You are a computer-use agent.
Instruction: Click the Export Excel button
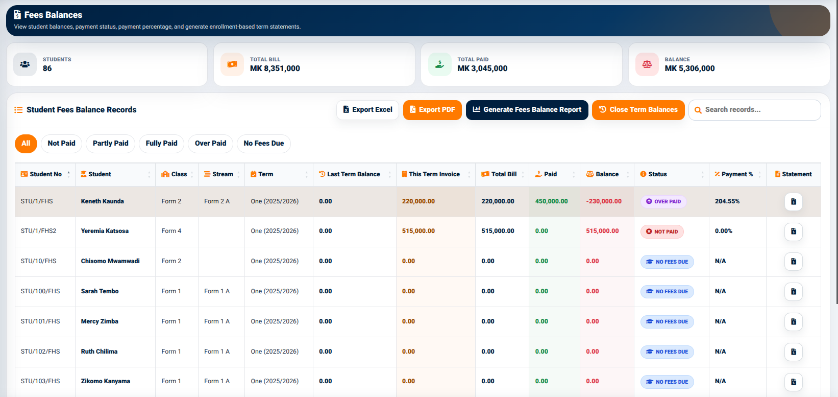(367, 110)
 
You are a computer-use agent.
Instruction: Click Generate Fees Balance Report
(527, 110)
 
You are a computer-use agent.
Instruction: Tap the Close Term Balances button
(638, 110)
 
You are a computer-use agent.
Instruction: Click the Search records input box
(755, 110)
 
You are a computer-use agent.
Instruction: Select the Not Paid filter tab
(61, 144)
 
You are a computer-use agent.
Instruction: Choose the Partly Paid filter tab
(110, 144)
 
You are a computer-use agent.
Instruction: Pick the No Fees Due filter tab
(264, 144)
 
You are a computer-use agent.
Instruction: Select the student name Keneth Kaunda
(103, 201)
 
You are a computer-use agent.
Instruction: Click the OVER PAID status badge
(663, 201)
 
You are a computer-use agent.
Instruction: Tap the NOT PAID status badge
(662, 231)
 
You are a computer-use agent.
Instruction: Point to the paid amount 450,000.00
(551, 201)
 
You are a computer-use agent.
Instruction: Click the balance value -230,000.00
(604, 201)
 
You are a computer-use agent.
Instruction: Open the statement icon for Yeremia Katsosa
(794, 231)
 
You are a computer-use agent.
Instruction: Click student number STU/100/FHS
(40, 291)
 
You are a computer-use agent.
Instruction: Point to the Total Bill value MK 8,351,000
(275, 68)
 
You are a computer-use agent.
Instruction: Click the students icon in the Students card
(25, 64)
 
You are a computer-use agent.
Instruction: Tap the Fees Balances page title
(53, 15)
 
